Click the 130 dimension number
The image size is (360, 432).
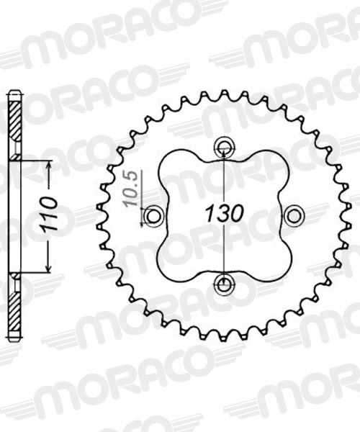coord(224,213)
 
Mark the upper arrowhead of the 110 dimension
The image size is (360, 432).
coord(49,165)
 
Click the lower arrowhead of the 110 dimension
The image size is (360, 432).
coord(49,268)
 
